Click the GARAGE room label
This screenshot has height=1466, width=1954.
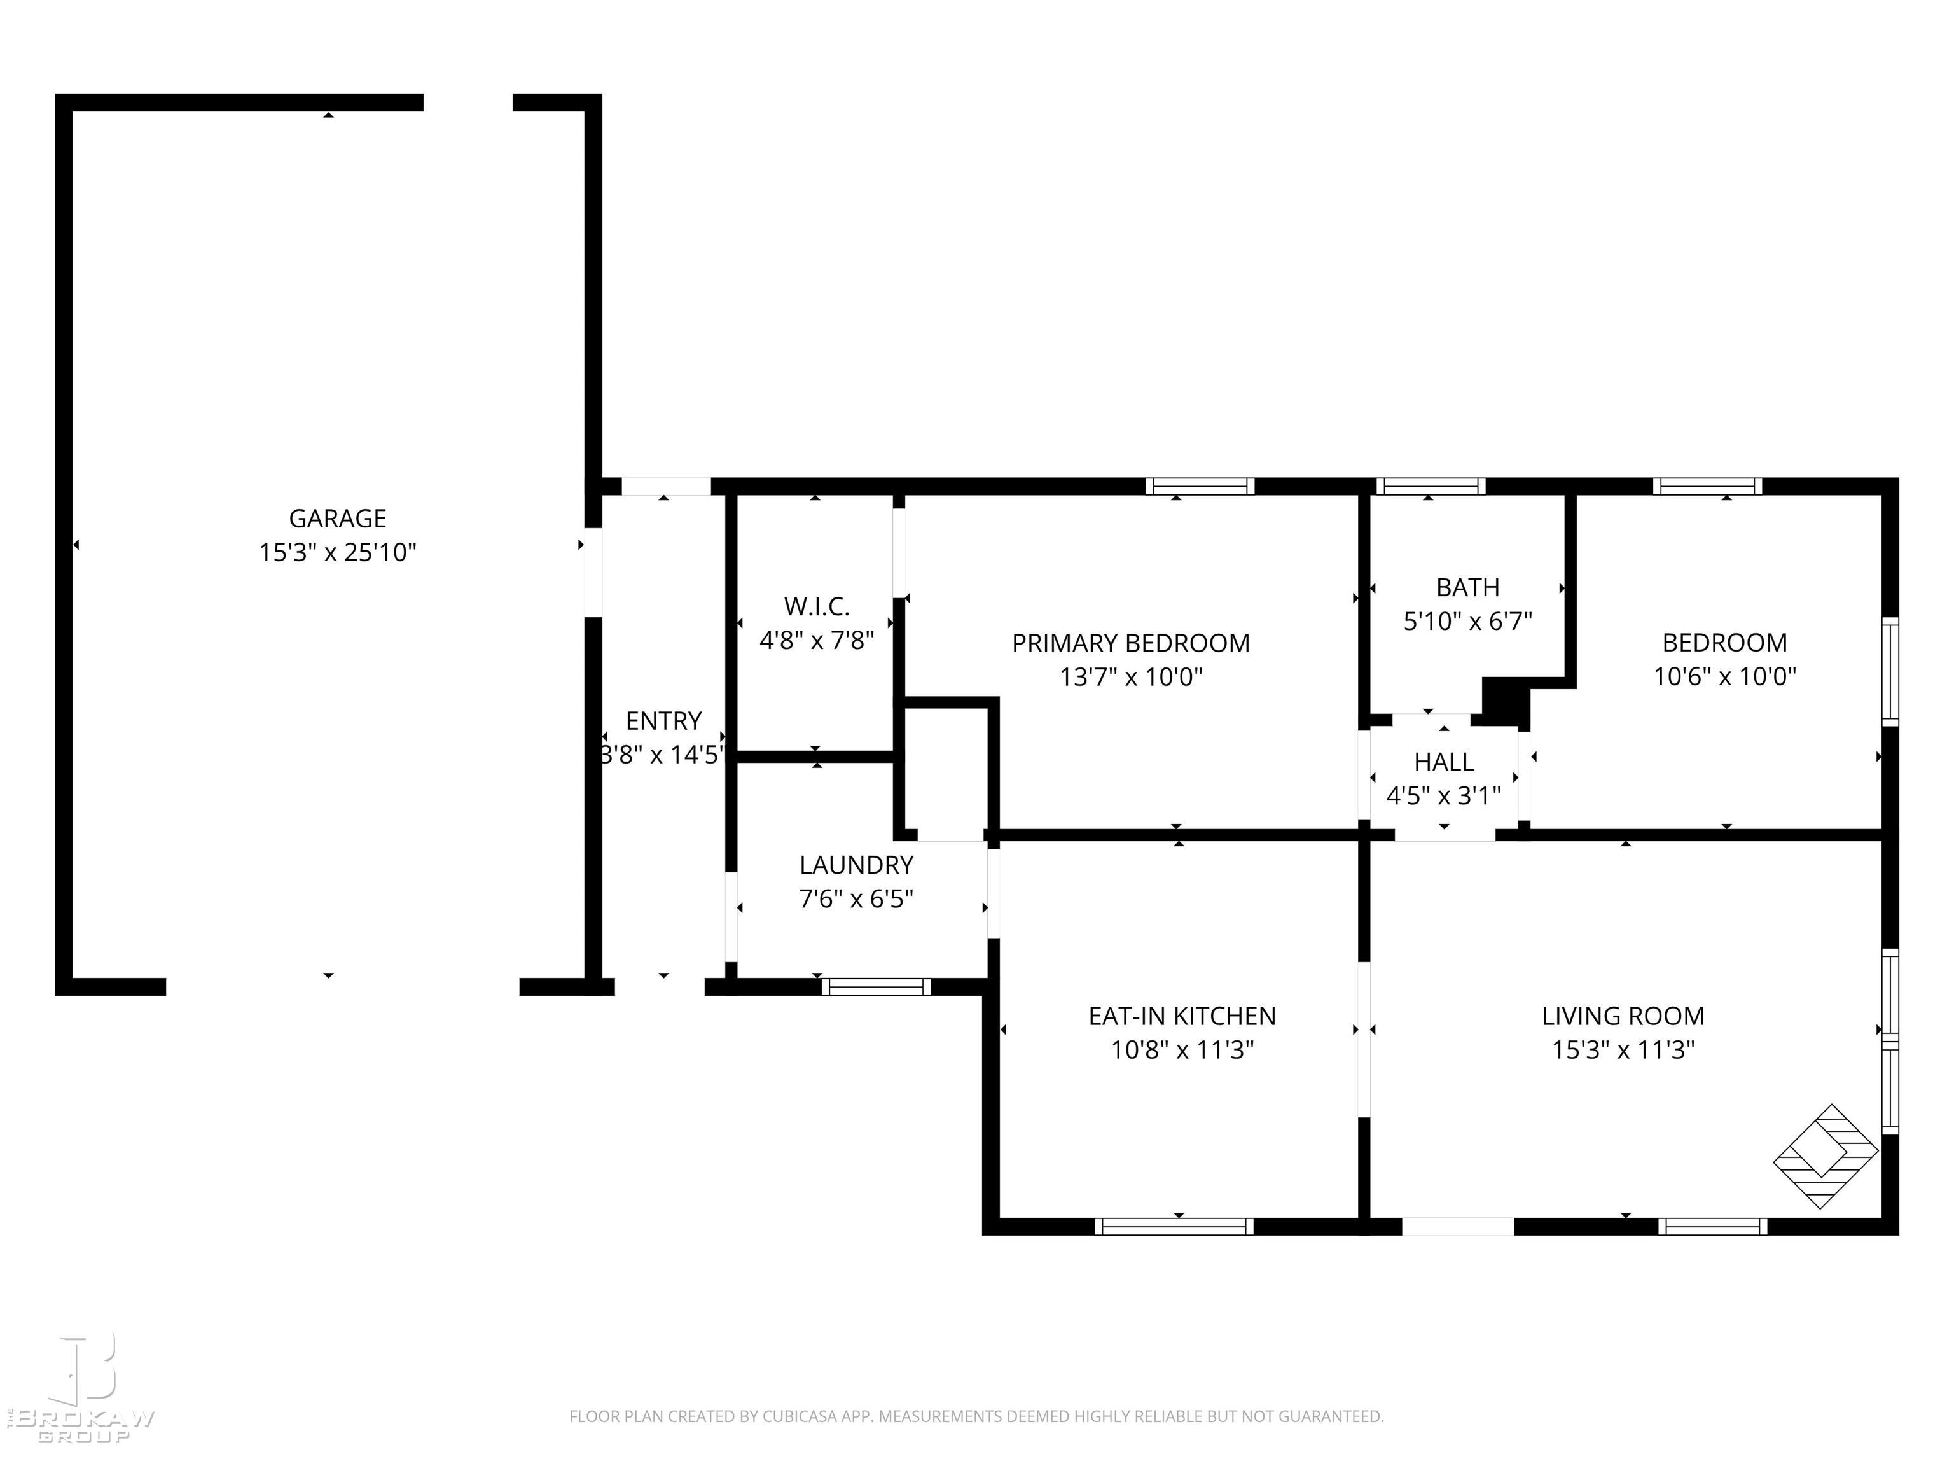click(338, 518)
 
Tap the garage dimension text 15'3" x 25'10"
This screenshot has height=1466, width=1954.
click(338, 552)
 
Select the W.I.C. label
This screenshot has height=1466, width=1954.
click(816, 606)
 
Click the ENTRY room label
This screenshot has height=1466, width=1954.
click(663, 720)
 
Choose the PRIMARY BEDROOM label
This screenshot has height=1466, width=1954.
click(1131, 643)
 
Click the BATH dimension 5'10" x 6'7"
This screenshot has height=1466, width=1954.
click(1467, 621)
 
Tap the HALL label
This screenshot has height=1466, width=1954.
click(1443, 761)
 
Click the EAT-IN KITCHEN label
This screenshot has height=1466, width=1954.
click(1182, 1016)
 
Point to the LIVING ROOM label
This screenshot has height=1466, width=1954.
click(1623, 1016)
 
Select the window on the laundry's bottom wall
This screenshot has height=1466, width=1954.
click(875, 986)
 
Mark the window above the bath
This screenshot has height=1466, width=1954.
click(1430, 486)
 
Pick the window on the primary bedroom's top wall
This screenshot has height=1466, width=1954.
click(1200, 486)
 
